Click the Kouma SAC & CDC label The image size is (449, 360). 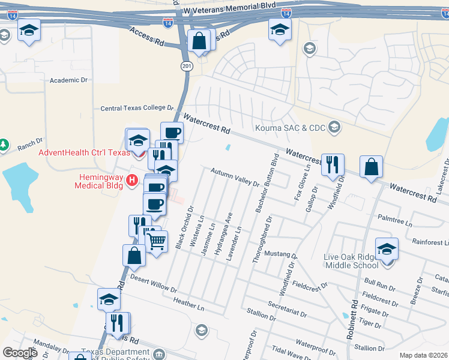pos(291,128)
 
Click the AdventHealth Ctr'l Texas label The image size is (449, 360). pos(84,152)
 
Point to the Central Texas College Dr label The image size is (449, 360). pos(136,108)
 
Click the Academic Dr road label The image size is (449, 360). pos(68,80)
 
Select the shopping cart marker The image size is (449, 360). pos(157,242)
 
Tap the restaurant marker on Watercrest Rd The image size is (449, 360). pos(333,164)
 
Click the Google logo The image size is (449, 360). pos(20,353)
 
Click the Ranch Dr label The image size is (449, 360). pos(30,144)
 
